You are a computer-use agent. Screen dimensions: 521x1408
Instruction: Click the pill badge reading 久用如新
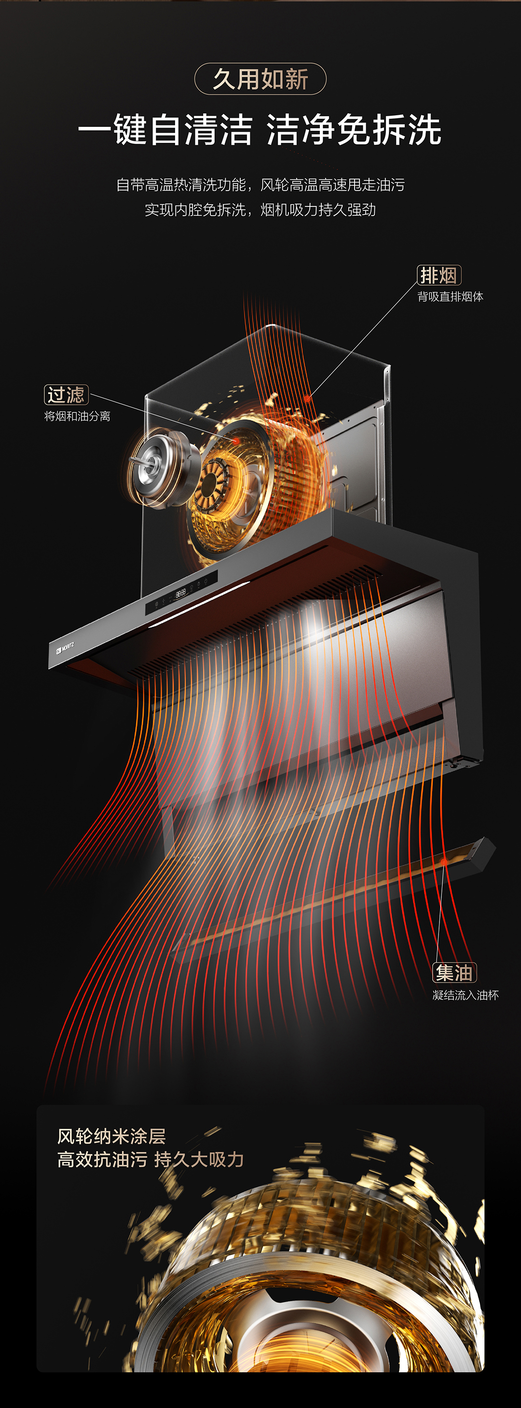260,79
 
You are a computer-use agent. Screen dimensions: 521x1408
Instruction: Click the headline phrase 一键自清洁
165,130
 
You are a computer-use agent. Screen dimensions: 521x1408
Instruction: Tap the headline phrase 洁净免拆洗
354,130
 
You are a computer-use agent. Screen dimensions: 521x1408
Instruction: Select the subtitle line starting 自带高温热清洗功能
260,185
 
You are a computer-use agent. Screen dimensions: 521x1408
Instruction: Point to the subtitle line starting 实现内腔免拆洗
260,210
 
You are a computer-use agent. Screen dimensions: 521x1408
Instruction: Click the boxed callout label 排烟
439,275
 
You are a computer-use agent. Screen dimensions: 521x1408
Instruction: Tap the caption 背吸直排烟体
451,297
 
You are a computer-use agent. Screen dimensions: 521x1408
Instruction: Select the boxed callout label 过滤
66,395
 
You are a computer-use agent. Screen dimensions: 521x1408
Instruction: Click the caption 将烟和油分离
77,416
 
